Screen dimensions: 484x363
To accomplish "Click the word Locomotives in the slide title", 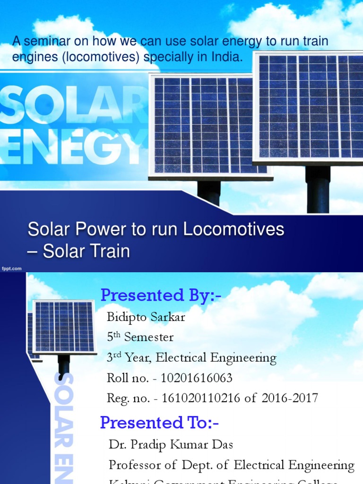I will (233, 229).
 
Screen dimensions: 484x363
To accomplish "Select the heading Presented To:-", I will (159, 422).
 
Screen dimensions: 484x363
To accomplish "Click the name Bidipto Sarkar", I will (146, 317).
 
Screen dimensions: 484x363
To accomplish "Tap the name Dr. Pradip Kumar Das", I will (171, 444).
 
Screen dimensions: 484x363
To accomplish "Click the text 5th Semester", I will (140, 337).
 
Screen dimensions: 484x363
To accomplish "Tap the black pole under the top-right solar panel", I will (317, 189).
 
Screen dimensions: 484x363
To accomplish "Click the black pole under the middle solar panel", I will (209, 192).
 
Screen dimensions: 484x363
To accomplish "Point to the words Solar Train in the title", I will (86, 251).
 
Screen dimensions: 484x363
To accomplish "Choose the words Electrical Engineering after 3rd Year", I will (216, 358).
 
